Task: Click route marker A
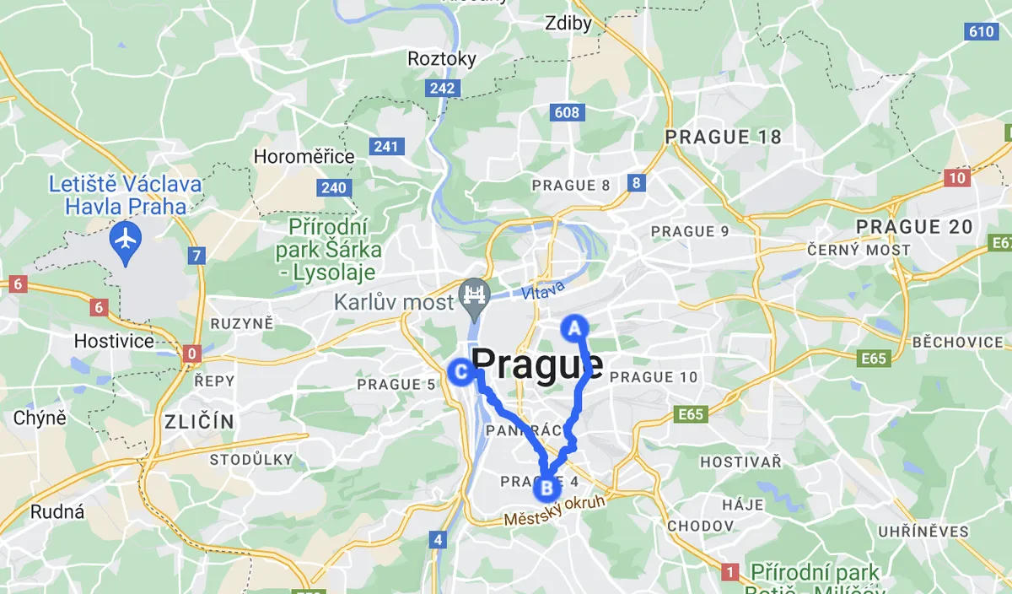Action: point(574,327)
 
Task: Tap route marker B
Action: point(546,487)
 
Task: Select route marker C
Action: point(461,371)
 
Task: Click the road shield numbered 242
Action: point(442,88)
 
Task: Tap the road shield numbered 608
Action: point(567,112)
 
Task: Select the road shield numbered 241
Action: point(385,147)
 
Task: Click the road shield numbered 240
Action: point(334,187)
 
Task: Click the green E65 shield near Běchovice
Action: point(875,359)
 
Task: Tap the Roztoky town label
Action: point(442,59)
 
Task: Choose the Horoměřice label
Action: point(304,157)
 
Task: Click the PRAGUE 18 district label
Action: point(723,137)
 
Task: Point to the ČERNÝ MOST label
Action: point(859,250)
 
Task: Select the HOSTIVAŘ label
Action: point(741,462)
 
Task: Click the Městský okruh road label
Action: point(555,511)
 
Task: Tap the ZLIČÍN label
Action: point(199,421)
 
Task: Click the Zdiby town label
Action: point(569,24)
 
